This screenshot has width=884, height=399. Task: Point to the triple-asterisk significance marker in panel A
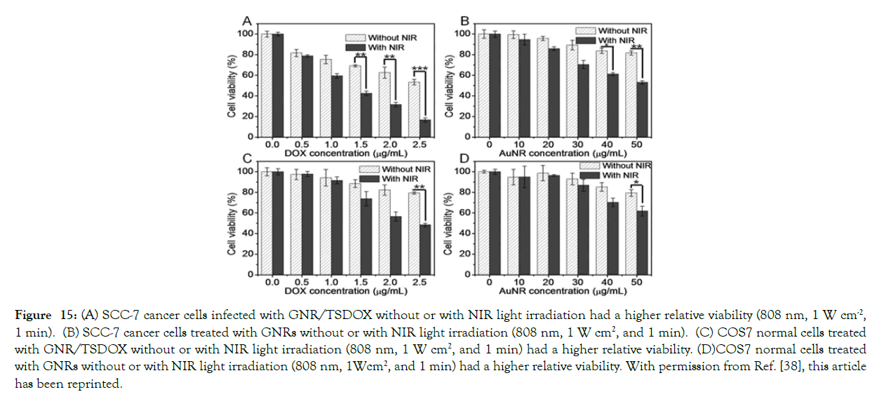[420, 69]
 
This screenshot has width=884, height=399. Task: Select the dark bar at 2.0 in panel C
[396, 245]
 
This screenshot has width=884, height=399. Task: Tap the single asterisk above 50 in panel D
[636, 184]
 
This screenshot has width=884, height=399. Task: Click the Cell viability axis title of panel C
[232, 219]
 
